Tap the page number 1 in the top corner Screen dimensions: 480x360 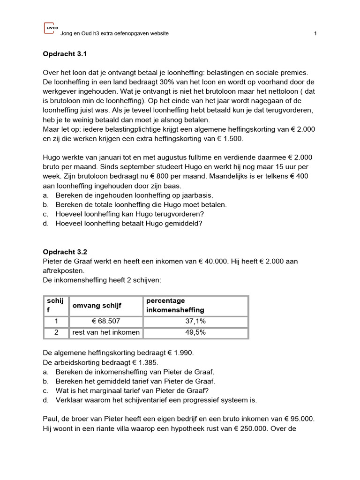[315, 34]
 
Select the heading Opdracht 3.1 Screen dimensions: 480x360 [65, 54]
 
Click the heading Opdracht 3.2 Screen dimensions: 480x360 [65, 252]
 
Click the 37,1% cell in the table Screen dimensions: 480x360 [195, 322]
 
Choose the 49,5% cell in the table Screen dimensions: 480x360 [195, 333]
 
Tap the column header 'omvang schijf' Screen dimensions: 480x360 [97, 306]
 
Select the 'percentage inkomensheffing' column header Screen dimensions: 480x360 [175, 306]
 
